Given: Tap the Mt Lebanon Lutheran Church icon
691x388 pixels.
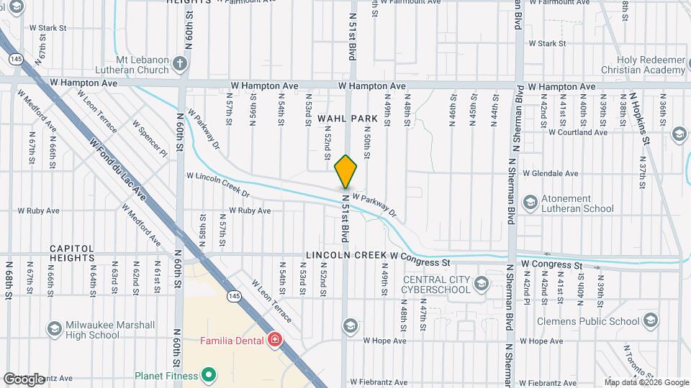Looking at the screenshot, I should click(181, 65).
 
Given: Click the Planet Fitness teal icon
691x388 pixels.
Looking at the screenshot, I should click(208, 375).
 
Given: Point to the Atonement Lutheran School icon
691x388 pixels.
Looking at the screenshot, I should click(530, 204).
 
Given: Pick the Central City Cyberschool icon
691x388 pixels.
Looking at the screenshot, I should click(482, 285).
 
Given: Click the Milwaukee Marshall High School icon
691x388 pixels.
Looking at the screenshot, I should click(54, 330).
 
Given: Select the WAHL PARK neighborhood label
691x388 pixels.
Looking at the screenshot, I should click(348, 118).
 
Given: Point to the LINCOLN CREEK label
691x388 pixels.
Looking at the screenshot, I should click(345, 255).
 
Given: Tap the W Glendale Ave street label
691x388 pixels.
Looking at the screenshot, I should click(551, 173).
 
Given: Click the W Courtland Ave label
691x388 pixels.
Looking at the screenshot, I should click(578, 132).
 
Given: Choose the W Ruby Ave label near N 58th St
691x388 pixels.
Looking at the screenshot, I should click(250, 211).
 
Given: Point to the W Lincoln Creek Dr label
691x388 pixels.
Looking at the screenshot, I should click(217, 184).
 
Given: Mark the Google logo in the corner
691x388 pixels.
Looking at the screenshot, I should click(24, 379).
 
